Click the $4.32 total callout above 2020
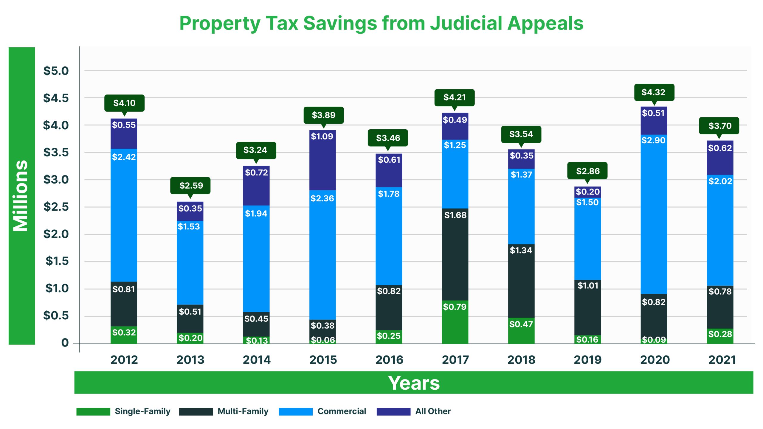tap(654, 92)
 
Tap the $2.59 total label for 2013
tap(191, 185)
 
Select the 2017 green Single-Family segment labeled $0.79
tap(455, 322)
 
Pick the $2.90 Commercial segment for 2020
tap(654, 214)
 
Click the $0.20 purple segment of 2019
tap(587, 192)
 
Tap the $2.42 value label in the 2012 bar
tap(124, 157)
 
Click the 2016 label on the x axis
tap(389, 360)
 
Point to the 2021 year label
tap(722, 360)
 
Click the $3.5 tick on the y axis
tap(56, 152)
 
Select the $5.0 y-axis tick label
tap(56, 71)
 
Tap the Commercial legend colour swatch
tap(295, 411)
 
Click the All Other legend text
tap(433, 411)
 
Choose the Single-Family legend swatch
tap(93, 411)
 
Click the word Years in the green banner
tap(414, 383)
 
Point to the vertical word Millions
tap(21, 196)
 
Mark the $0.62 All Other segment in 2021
tap(720, 157)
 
